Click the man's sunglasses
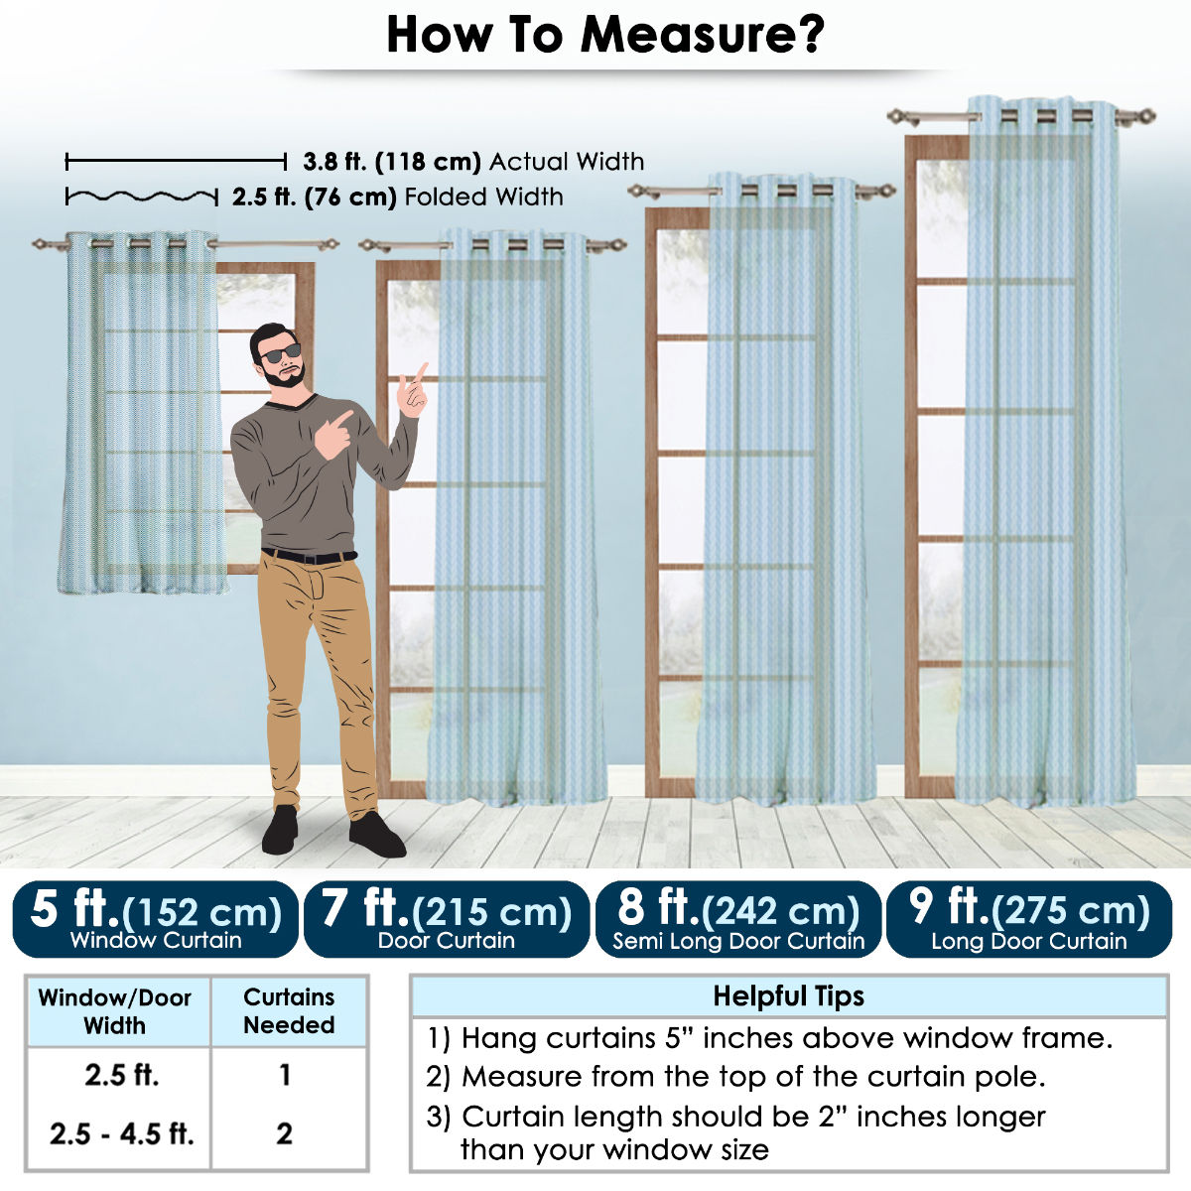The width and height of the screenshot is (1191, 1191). pos(281,353)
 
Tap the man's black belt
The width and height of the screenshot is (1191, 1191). pos(309,556)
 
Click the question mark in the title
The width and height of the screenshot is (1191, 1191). pos(806,35)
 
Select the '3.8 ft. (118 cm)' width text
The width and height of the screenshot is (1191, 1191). pos(392,162)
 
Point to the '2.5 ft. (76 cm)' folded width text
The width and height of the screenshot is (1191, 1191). pos(314,198)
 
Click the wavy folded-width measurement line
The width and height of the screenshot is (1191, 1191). pos(142,197)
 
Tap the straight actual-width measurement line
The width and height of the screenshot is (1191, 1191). pos(176,162)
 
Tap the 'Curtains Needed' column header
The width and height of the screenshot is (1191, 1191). pos(289,1011)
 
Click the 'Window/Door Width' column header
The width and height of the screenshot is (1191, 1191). pos(115,1011)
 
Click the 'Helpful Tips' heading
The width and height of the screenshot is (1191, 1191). pos(789,996)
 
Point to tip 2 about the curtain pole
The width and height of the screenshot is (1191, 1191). pos(735,1077)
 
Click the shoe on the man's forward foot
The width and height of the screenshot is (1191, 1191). pos(377,835)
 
